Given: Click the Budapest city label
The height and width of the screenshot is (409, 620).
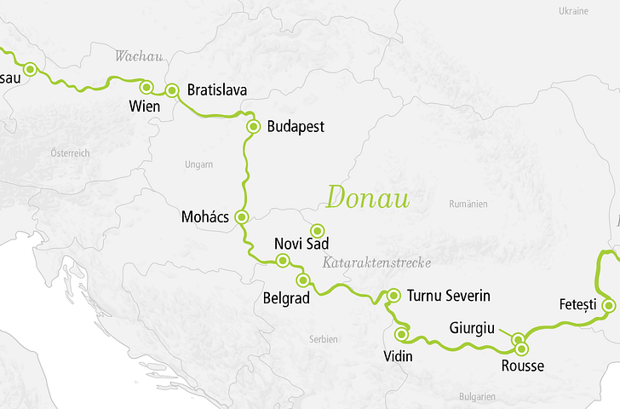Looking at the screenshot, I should pos(296,127).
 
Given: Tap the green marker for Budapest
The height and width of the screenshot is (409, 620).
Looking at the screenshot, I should pos(253,127).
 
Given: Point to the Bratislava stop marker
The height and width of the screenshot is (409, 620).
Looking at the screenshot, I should pos(171,89).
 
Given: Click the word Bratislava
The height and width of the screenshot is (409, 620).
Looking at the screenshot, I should pos(216,89).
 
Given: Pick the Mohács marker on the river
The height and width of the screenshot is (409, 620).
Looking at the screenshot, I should pos(242,217).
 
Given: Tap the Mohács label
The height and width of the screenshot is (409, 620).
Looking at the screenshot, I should pos(205,217).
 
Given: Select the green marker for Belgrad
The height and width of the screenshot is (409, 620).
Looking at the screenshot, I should pos(302,279).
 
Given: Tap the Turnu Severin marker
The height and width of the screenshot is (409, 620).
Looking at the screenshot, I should pos(393,296).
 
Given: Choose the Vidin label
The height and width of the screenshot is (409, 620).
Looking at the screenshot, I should pos(398,356).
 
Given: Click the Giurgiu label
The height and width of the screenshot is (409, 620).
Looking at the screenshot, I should pos(473,327).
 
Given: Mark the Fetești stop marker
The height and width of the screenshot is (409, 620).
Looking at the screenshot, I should pos(608,305).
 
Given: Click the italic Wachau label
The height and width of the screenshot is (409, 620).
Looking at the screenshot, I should pos(138,57).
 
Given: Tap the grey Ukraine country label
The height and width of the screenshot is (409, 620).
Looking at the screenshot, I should pos(573,11).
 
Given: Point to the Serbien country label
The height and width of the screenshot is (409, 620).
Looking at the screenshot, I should pos(324,339).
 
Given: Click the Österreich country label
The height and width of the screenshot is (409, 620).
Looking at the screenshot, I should pos(70,152).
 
